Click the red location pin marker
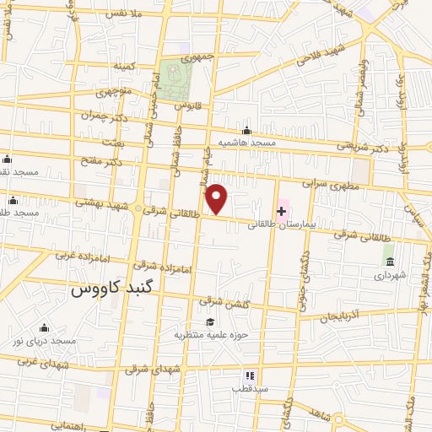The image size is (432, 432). pyautogui.click(x=218, y=199)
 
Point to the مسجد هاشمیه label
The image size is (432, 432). pyautogui.click(x=246, y=143)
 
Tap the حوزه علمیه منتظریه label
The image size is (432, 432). pyautogui.click(x=208, y=335)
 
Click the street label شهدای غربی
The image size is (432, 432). pyautogui.click(x=40, y=361)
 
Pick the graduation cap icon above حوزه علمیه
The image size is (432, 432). pyautogui.click(x=208, y=321)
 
